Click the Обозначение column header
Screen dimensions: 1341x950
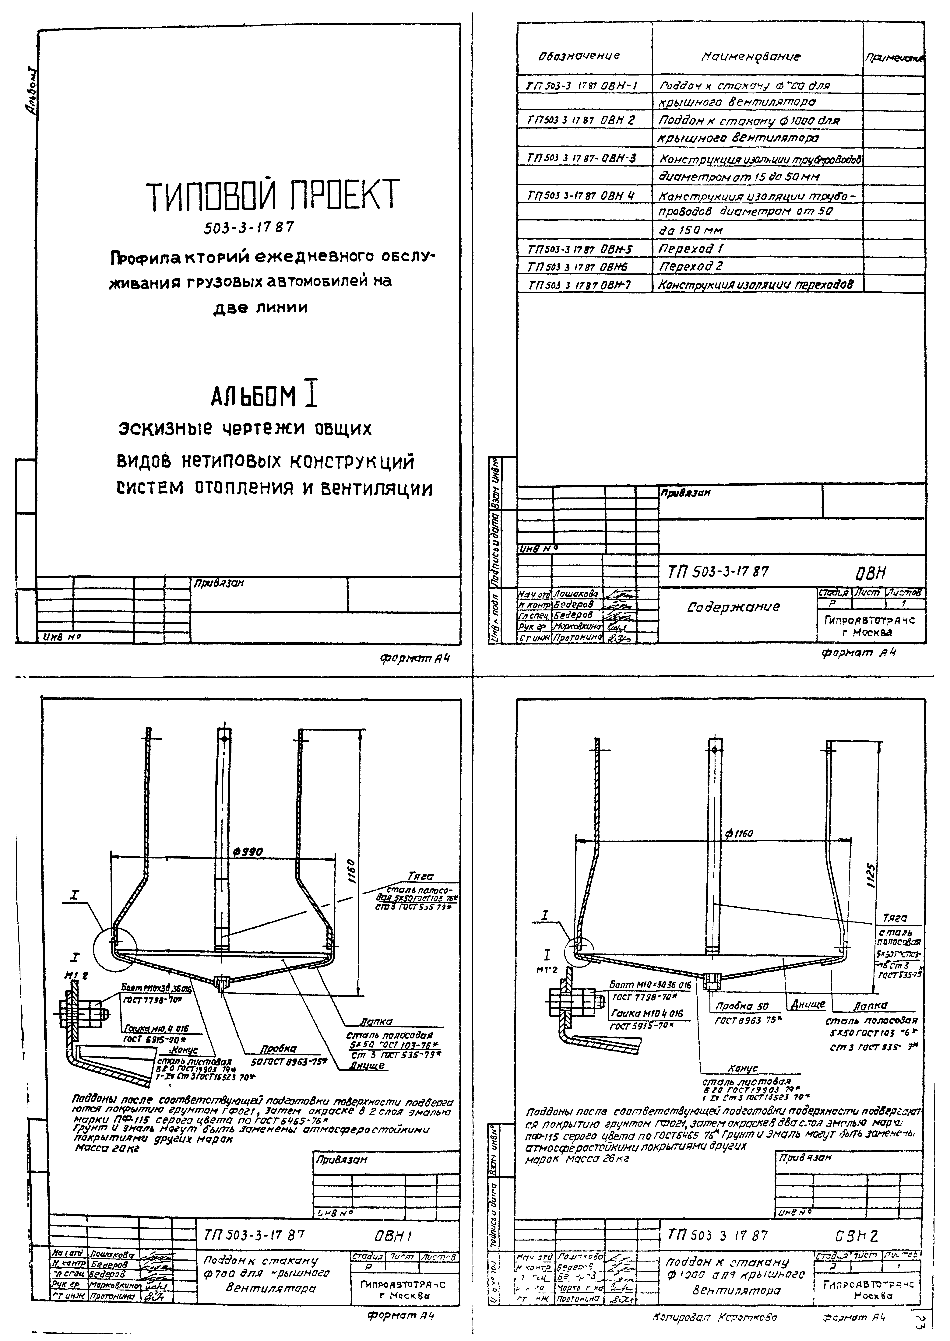pos(579,56)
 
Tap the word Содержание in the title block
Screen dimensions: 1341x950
pos(733,607)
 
